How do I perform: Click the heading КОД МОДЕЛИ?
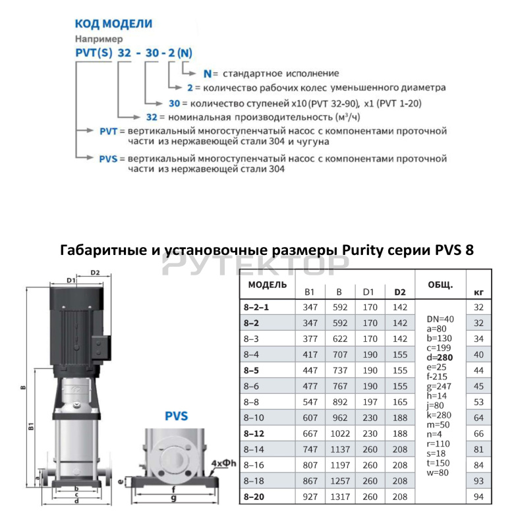(113, 24)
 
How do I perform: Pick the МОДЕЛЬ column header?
(268, 285)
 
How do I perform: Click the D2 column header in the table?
(399, 292)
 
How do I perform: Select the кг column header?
(479, 292)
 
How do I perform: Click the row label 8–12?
(256, 433)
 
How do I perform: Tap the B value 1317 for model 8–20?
(339, 497)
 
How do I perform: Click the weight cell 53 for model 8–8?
(479, 402)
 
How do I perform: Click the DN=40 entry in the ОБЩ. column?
(440, 319)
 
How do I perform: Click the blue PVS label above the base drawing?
(177, 416)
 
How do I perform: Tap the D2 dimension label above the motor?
(95, 271)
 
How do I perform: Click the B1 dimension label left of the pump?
(31, 427)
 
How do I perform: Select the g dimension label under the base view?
(173, 499)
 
